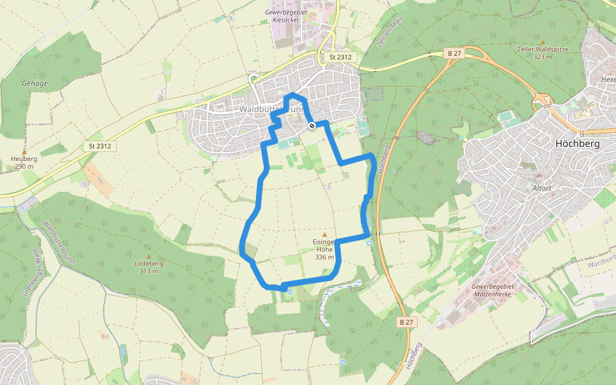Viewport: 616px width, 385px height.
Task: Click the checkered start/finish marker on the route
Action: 311,126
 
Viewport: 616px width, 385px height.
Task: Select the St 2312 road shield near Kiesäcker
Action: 339,57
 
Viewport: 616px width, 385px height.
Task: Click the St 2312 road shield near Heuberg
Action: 100,146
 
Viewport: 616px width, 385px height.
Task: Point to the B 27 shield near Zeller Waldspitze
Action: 455,53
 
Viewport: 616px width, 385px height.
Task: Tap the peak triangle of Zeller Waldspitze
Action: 542,42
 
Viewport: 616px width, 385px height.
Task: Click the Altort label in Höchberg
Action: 542,189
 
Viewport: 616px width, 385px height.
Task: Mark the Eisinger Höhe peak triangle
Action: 325,235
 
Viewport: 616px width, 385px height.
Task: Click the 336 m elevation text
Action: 325,257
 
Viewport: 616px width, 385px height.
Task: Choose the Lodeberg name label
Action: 148,263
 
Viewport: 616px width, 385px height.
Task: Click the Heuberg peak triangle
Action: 24,151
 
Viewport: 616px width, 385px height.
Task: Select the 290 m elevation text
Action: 24,166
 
